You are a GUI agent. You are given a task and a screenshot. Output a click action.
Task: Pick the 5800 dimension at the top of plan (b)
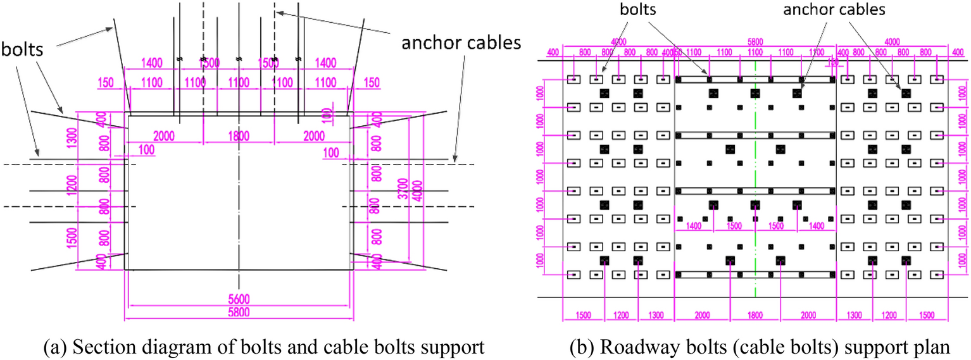click(755, 42)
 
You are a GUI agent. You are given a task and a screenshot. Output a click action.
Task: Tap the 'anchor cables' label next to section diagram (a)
click(462, 42)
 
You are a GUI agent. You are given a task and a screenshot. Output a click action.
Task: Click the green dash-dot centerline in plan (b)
click(755, 190)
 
